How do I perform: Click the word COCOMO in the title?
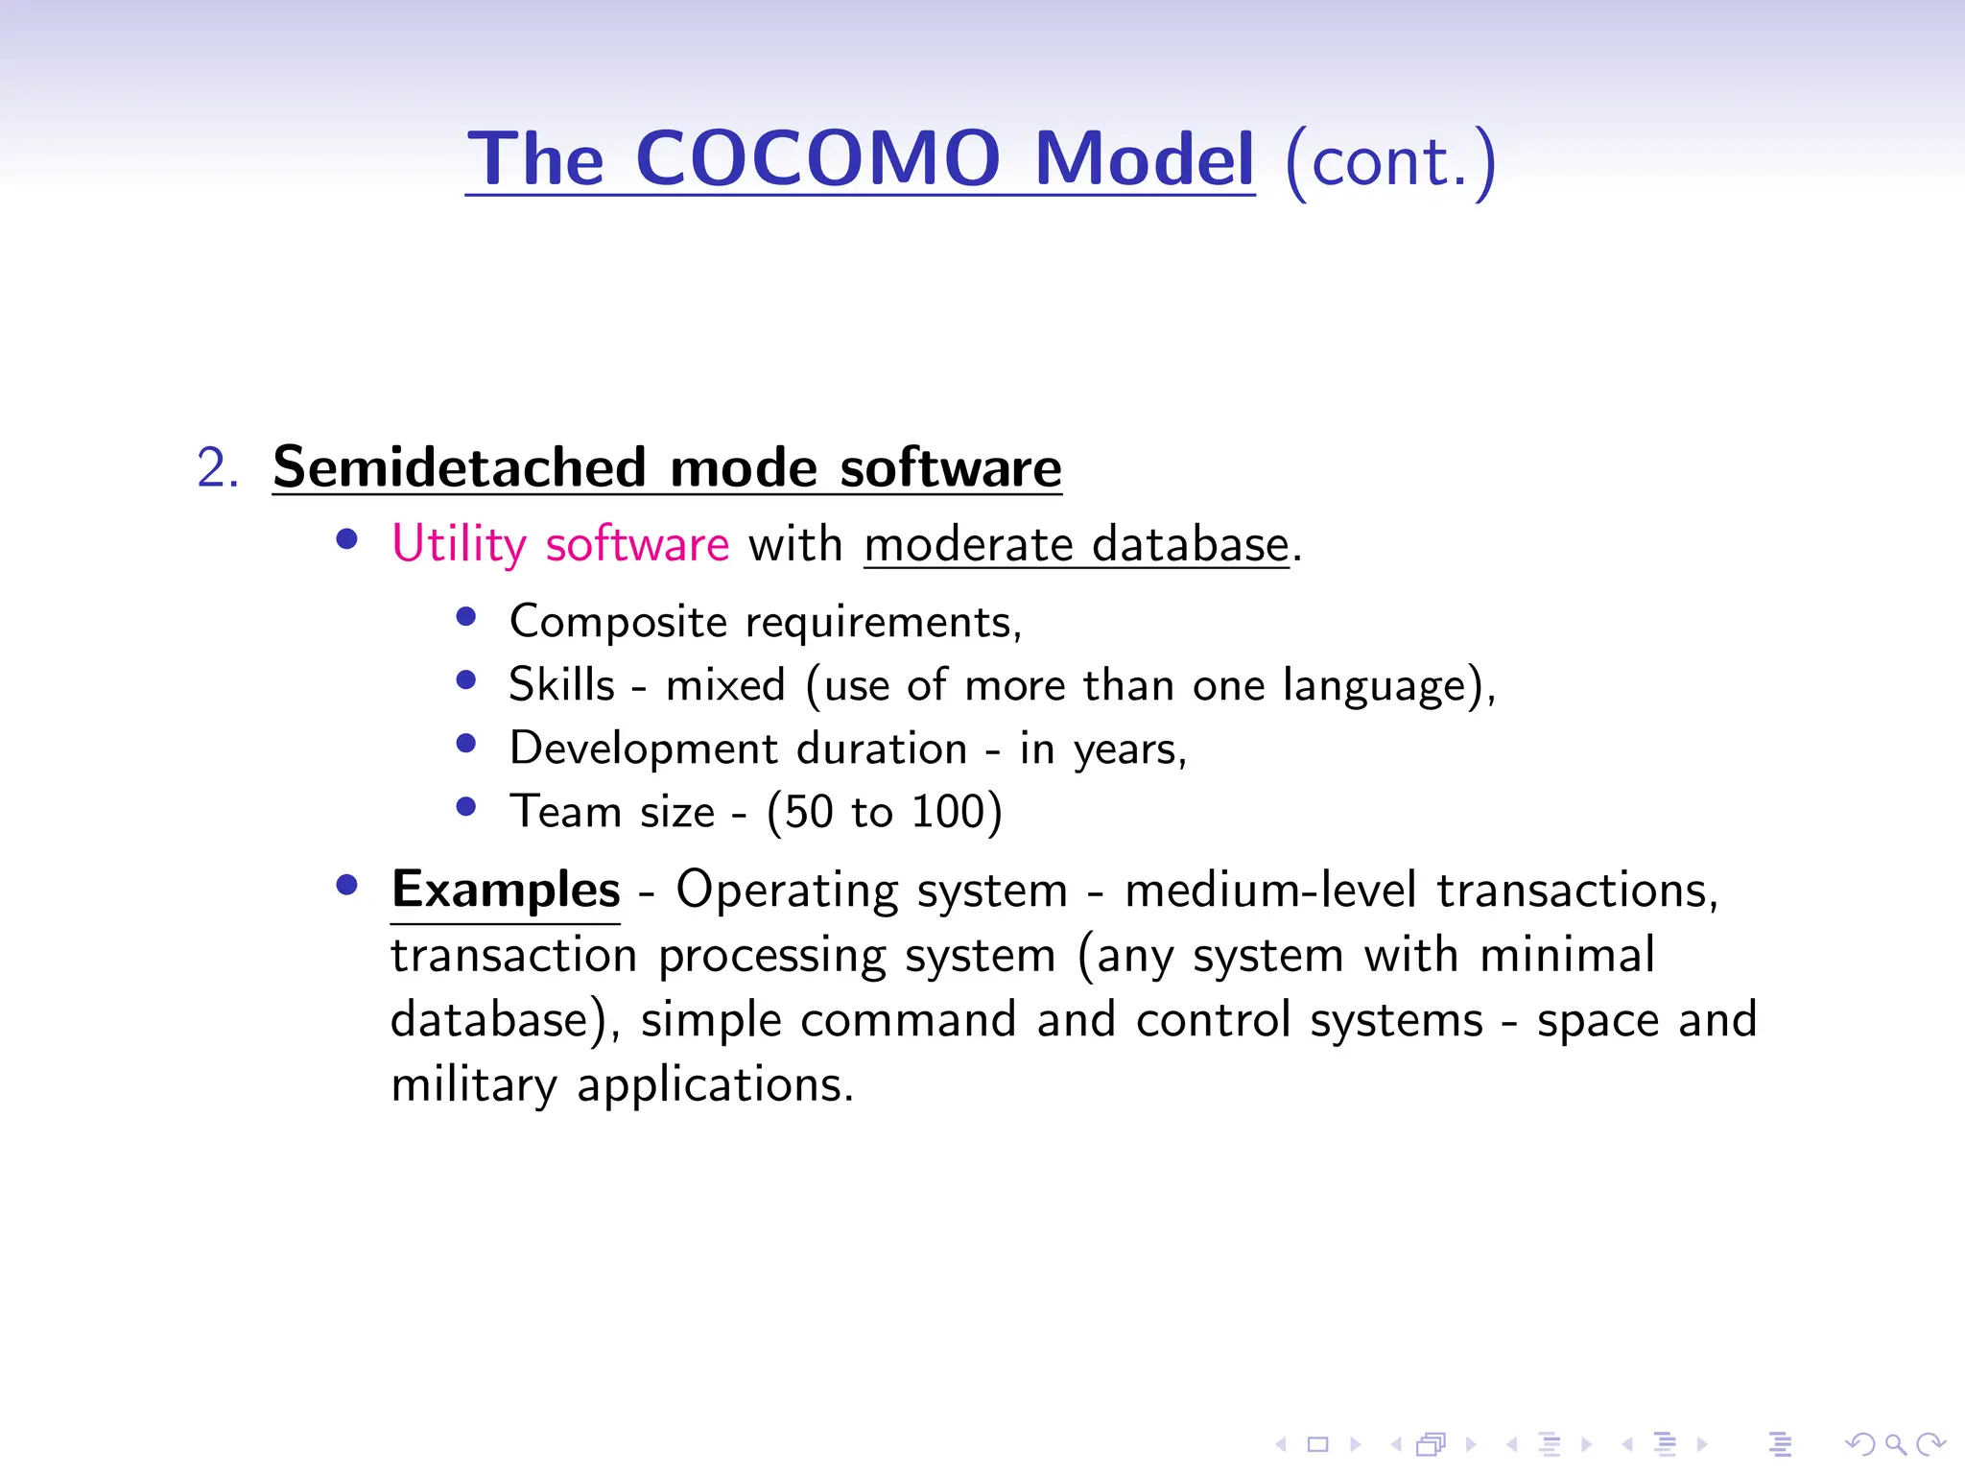tap(817, 158)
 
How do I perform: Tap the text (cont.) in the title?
tap(1389, 161)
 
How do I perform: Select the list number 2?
tap(217, 468)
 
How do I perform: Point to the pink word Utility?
tap(459, 544)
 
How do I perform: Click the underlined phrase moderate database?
tap(1076, 544)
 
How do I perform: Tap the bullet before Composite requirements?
tap(466, 617)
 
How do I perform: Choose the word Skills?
tap(561, 685)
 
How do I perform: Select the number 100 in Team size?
tap(948, 812)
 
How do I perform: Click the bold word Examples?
tap(506, 890)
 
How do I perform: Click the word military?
tap(473, 1084)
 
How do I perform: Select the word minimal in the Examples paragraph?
tap(1567, 955)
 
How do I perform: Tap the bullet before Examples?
tap(347, 885)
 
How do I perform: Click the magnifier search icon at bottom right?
tap(1894, 1443)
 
